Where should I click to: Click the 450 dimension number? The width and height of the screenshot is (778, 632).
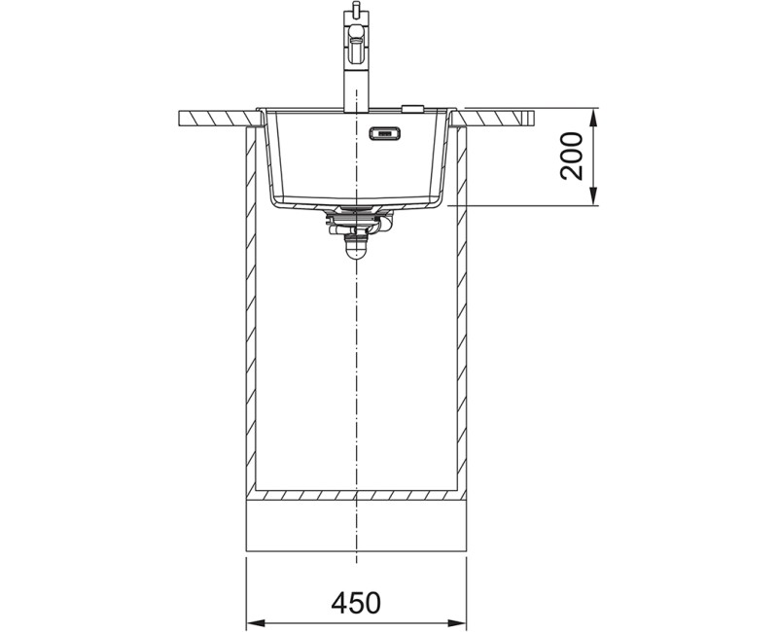click(356, 603)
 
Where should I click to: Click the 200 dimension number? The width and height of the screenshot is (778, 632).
click(572, 156)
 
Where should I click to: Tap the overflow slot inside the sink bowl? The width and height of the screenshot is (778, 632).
click(384, 133)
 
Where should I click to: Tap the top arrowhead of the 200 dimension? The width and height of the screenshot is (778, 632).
click(594, 118)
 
